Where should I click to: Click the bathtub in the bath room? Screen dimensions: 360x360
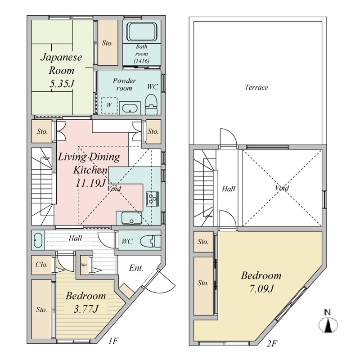[142, 31]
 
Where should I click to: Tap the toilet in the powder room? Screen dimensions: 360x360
[151, 104]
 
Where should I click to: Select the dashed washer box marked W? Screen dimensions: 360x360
[109, 105]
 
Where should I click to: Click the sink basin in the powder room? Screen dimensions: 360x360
[130, 108]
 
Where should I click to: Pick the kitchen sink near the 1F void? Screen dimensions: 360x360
[131, 218]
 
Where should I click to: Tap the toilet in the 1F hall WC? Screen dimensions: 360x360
[150, 241]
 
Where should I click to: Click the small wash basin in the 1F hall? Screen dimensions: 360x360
[38, 240]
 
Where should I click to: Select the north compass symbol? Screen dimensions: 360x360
[328, 322]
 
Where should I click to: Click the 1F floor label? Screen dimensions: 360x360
[113, 342]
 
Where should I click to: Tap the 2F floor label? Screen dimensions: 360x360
[272, 344]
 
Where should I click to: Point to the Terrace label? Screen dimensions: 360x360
[256, 87]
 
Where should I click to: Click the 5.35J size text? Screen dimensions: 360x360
[62, 84]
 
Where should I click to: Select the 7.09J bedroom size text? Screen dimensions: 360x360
[261, 288]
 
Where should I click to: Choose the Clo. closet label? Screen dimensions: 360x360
[42, 265]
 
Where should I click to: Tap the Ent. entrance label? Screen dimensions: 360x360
[136, 268]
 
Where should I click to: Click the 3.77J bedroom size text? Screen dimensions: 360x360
[86, 309]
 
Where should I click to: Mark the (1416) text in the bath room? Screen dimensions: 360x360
[141, 61]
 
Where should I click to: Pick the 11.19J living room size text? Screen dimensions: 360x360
[90, 183]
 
